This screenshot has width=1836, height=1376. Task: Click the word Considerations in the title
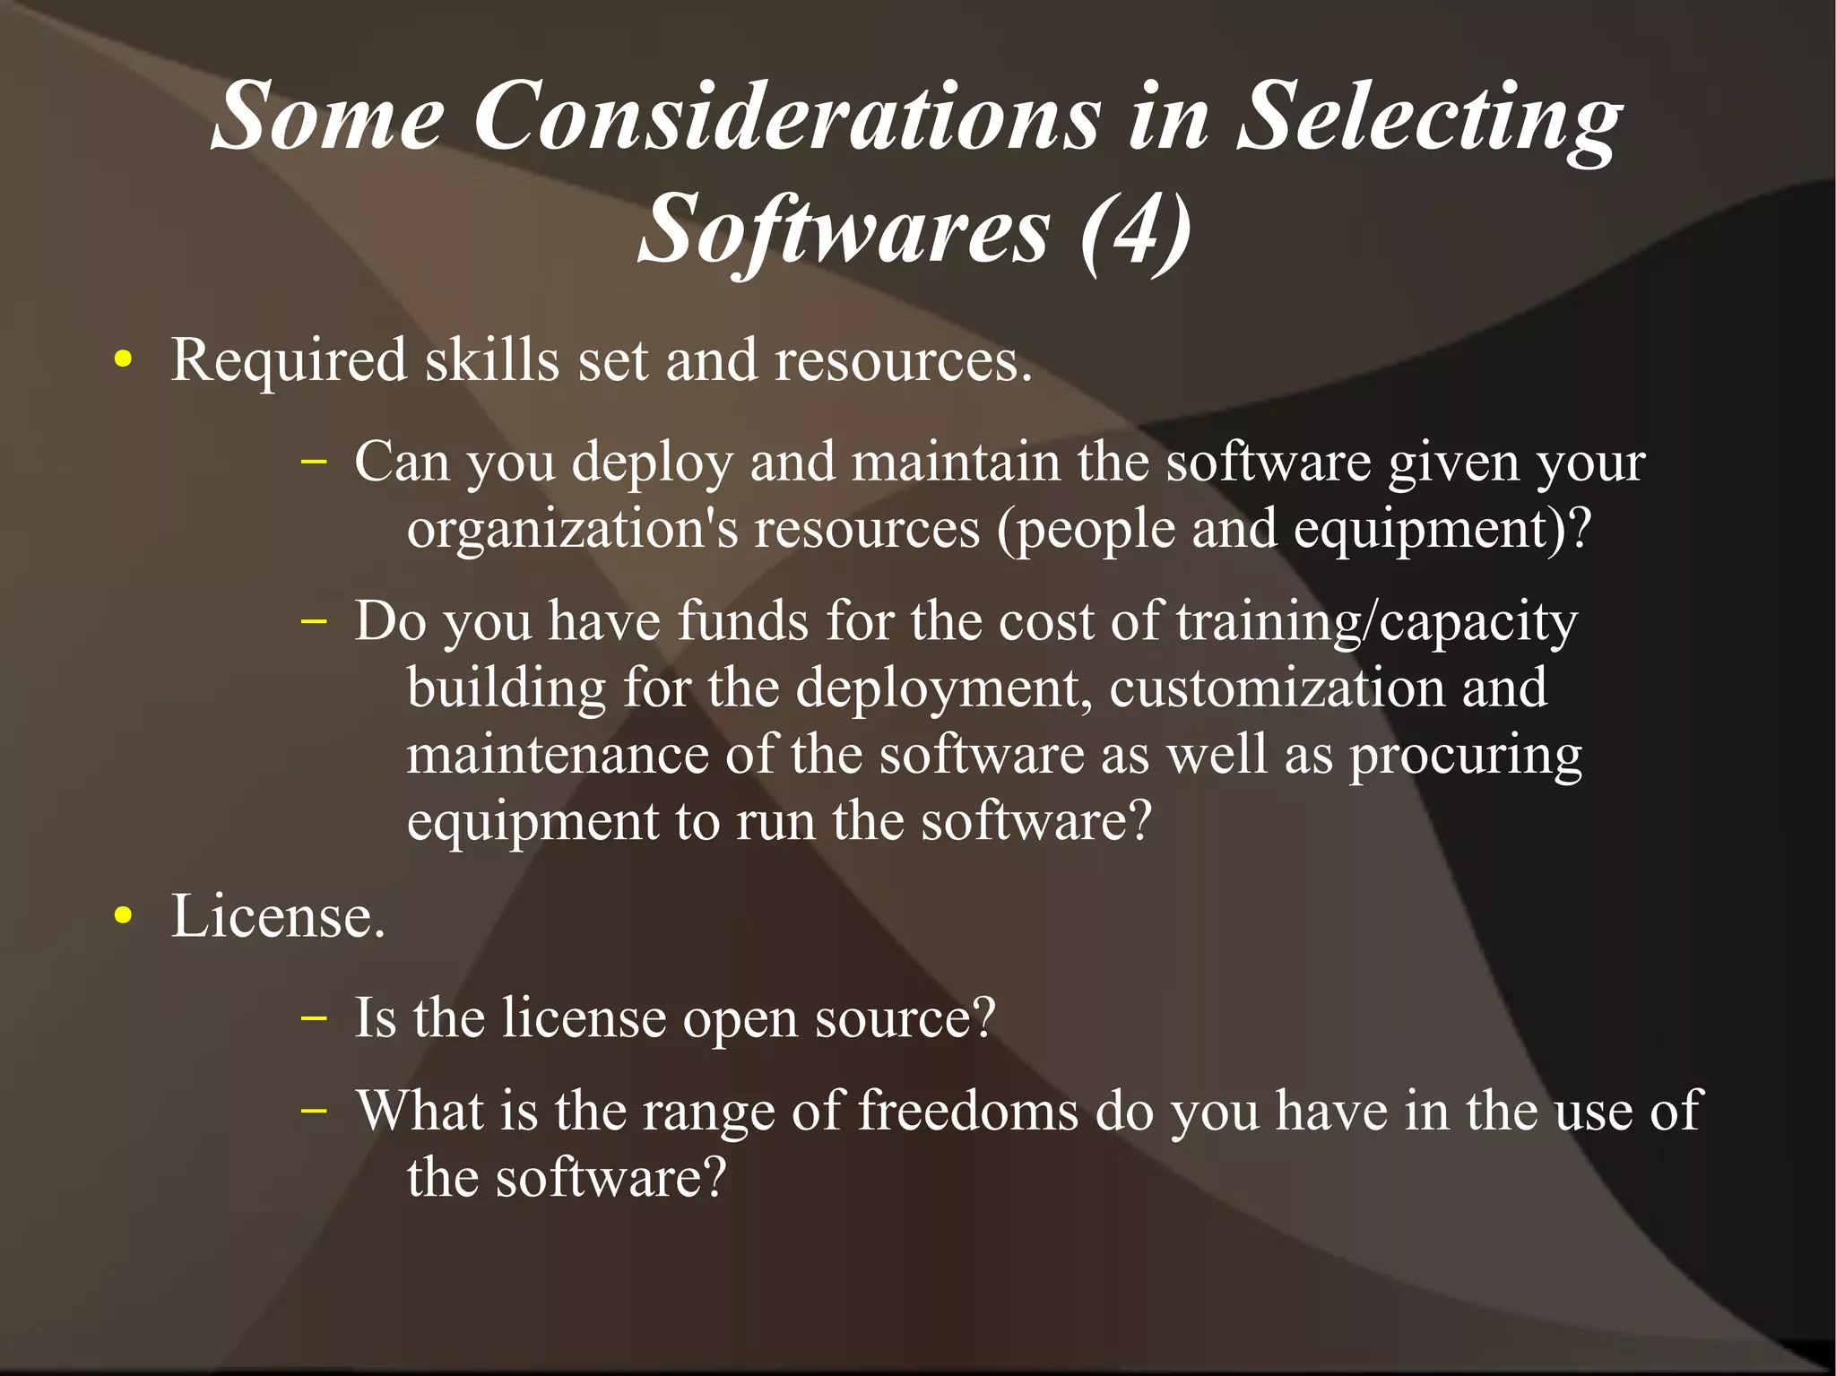click(785, 117)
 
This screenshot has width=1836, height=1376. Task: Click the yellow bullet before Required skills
click(124, 361)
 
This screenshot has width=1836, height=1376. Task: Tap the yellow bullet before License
click(124, 917)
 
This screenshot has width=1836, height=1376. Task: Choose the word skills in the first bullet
click(492, 360)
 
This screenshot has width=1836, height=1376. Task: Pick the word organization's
click(572, 529)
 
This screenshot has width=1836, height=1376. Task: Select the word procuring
click(1466, 756)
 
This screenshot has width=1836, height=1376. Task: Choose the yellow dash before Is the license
click(313, 1017)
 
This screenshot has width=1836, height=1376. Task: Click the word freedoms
click(968, 1112)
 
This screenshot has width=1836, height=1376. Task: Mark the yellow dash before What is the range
click(313, 1110)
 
